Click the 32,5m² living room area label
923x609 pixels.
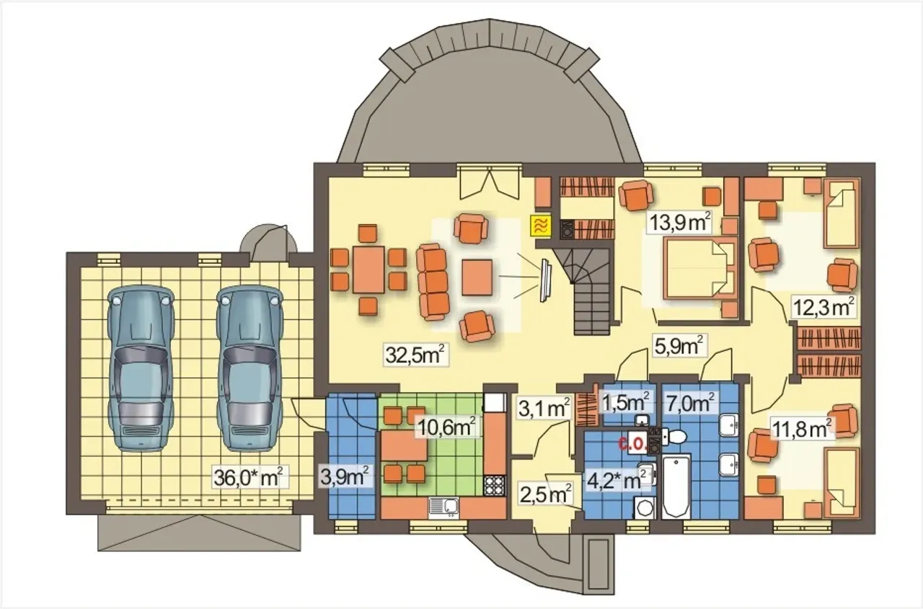(x=416, y=355)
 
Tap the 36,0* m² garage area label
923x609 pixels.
(x=249, y=477)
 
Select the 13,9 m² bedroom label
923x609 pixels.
(x=680, y=223)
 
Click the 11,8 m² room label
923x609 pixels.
(x=802, y=430)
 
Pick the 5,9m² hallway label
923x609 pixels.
(x=680, y=346)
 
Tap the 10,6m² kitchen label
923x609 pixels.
(x=449, y=427)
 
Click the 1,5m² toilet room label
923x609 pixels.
(x=627, y=403)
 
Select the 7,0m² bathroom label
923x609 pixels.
(x=691, y=403)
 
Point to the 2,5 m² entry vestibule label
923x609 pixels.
(x=546, y=495)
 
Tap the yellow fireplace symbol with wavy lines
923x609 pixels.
(x=542, y=227)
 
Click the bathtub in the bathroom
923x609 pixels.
(x=676, y=486)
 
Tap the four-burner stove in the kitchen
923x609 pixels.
(x=495, y=486)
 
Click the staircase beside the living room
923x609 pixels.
(x=591, y=288)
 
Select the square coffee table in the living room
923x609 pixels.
(x=477, y=277)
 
